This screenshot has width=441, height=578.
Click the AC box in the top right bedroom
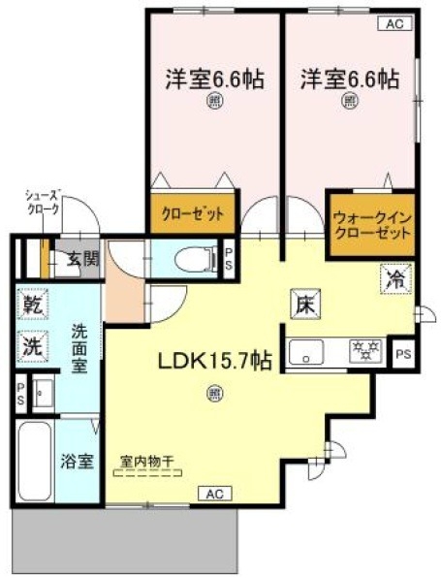[394, 23]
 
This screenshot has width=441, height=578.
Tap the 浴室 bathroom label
[78, 461]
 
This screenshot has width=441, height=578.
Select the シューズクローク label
[45, 202]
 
